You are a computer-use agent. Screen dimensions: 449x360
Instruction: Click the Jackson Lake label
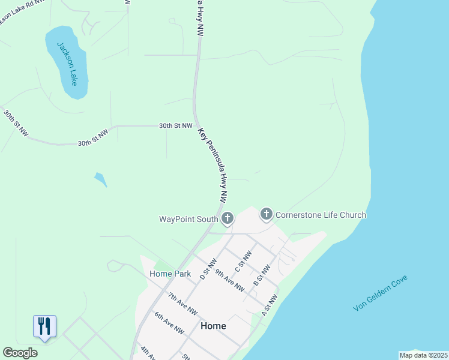click(x=67, y=64)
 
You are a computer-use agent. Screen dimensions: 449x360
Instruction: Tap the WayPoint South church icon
click(x=227, y=219)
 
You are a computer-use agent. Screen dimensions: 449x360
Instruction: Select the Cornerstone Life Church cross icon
click(x=266, y=214)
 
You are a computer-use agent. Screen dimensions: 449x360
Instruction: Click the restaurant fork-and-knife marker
click(x=44, y=326)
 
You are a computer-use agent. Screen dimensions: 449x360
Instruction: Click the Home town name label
click(x=213, y=326)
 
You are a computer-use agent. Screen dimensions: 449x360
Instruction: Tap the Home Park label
click(x=170, y=274)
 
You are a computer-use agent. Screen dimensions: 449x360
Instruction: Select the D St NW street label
click(x=208, y=269)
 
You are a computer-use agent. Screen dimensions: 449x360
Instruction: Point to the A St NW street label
click(x=270, y=305)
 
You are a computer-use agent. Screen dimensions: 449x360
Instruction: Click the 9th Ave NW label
click(x=229, y=281)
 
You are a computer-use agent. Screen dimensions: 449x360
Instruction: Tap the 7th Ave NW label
click(x=182, y=304)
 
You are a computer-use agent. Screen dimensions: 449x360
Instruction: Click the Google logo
click(x=20, y=353)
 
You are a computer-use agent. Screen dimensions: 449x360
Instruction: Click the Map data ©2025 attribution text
click(x=423, y=355)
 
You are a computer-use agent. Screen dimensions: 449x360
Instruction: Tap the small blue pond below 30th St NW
click(x=101, y=179)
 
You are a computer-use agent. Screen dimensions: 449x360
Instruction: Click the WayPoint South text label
click(x=188, y=219)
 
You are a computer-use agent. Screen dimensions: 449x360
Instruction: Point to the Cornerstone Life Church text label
click(x=321, y=215)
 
